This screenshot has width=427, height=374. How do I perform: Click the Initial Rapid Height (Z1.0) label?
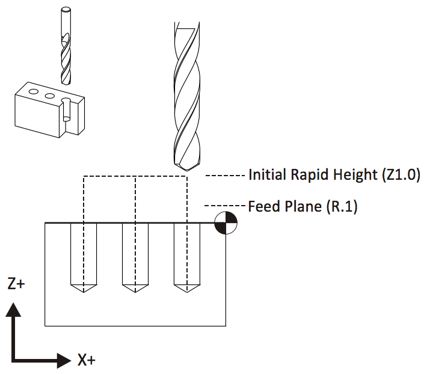(334, 176)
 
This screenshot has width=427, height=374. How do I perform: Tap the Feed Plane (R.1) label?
(303, 207)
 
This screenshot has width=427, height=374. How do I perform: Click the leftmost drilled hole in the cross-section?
(84, 255)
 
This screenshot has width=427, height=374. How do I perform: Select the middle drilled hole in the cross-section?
(135, 255)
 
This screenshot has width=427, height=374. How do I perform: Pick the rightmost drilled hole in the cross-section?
(186, 255)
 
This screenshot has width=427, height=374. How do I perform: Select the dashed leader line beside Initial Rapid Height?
(225, 176)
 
